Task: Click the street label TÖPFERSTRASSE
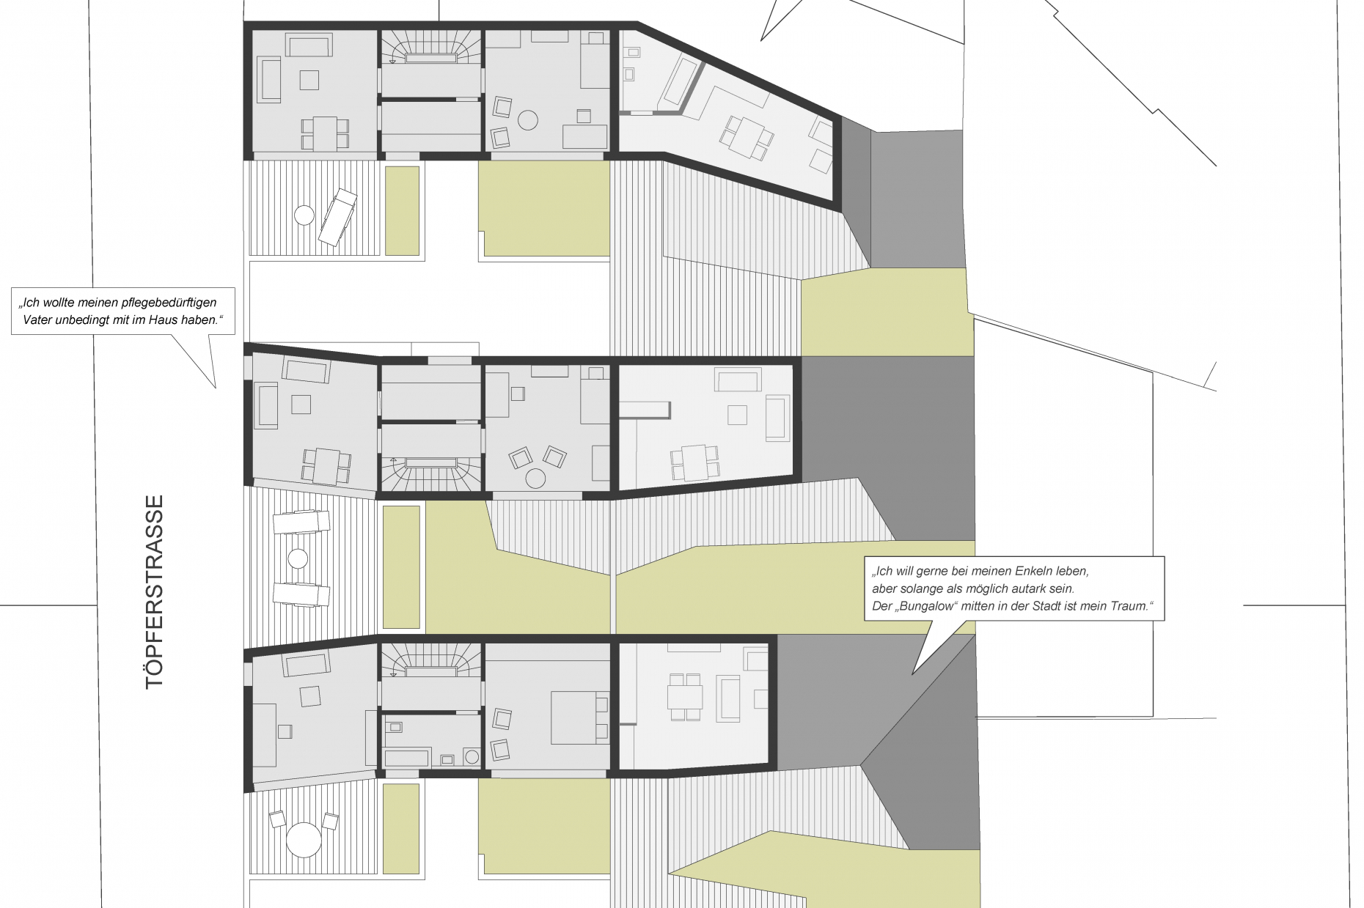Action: click(154, 592)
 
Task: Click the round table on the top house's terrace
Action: click(304, 215)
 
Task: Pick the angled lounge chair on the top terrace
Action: click(337, 218)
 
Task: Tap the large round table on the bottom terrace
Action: click(304, 840)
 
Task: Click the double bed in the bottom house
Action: click(579, 717)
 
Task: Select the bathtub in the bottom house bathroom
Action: click(407, 758)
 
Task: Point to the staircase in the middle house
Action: click(430, 472)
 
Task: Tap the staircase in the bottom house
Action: click(430, 661)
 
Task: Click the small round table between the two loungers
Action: click(298, 559)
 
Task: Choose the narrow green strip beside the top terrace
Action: click(402, 211)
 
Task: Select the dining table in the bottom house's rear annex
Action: click(685, 697)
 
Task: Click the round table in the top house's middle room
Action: click(528, 119)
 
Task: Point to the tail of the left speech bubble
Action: click(216, 387)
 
